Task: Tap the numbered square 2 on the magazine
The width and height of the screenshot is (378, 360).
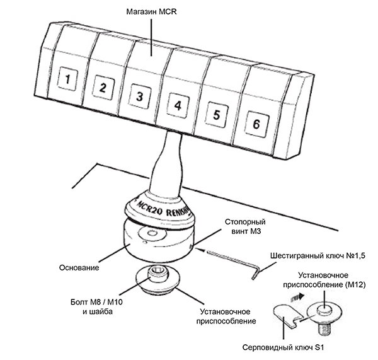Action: pyautogui.click(x=101, y=87)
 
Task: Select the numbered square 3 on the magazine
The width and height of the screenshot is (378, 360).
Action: pyautogui.click(x=139, y=96)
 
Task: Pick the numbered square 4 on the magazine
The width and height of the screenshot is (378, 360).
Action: pyautogui.click(x=178, y=105)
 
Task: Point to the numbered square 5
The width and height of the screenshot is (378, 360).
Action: pyautogui.click(x=216, y=115)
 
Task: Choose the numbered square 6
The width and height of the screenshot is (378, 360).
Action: pyautogui.click(x=255, y=124)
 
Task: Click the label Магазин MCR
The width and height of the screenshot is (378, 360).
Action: pyautogui.click(x=152, y=11)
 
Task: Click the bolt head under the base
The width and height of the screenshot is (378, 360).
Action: pyautogui.click(x=155, y=272)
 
